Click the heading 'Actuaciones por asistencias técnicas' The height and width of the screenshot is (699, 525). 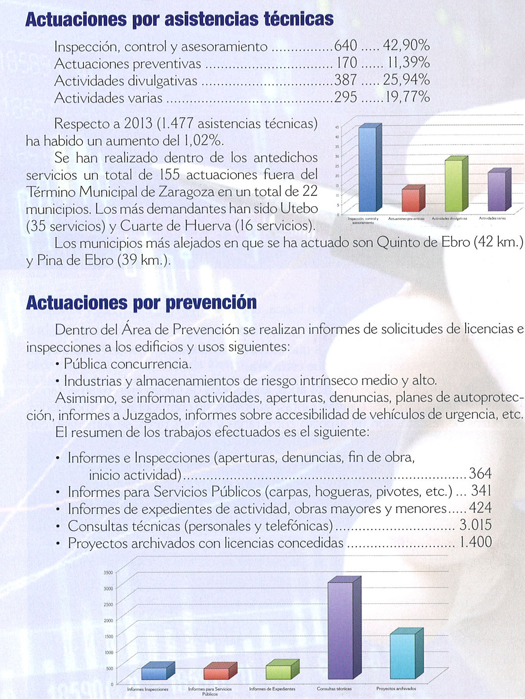pyautogui.click(x=179, y=19)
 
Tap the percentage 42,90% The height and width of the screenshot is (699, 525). pyautogui.click(x=406, y=45)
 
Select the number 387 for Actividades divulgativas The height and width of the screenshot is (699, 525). pyautogui.click(x=346, y=80)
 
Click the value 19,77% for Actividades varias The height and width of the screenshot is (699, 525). pyautogui.click(x=407, y=97)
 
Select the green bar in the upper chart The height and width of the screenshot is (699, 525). pyautogui.click(x=454, y=184)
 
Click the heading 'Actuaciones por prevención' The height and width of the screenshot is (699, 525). pyautogui.click(x=141, y=302)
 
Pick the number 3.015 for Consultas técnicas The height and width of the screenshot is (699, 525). pyautogui.click(x=475, y=525)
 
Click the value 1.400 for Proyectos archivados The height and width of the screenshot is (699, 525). pyautogui.click(x=475, y=542)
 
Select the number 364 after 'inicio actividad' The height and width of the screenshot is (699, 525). pyautogui.click(x=480, y=474)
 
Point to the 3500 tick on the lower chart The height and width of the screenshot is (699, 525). pyautogui.click(x=108, y=572)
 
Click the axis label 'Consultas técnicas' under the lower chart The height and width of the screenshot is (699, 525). pyautogui.click(x=334, y=689)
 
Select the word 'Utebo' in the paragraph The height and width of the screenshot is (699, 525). pyautogui.click(x=299, y=209)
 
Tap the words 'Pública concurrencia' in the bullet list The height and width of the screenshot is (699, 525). pyautogui.click(x=127, y=364)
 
